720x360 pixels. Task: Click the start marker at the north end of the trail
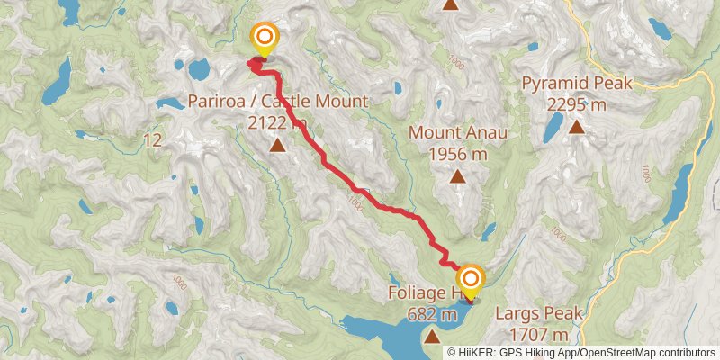coord(265,38)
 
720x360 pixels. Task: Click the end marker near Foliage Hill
coord(469,278)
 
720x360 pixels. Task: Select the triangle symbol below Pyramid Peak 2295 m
coord(576,127)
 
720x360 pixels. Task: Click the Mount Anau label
coord(458,133)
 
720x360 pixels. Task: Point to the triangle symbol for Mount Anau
coord(458,176)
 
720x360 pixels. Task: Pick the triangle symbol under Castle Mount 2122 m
coord(277,144)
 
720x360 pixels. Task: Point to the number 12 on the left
coord(151,140)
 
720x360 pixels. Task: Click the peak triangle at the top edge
coord(451,4)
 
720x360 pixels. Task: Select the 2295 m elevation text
coord(576,104)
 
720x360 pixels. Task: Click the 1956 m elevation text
coord(458,154)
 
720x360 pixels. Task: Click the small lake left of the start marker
coord(198,68)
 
